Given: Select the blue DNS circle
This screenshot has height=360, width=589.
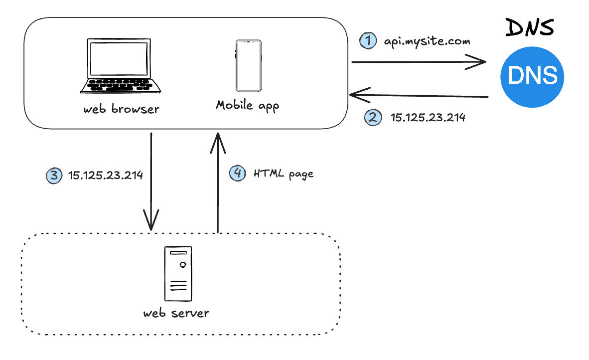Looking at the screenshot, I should point(532,76).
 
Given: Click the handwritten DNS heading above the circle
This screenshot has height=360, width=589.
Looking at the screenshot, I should point(529,27).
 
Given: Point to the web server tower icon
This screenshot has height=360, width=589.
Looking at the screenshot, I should point(177,274).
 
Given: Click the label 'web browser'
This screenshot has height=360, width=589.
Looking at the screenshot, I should point(121,108).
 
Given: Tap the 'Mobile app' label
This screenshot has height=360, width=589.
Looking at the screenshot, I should point(248,105).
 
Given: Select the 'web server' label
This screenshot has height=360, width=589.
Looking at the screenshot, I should point(176,313).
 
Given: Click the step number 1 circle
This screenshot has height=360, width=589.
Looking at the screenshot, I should point(368,40).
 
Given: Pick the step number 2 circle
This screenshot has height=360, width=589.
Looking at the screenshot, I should point(373,118).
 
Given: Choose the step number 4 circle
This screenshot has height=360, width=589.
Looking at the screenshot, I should point(237,173).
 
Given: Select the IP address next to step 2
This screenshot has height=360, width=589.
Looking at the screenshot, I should point(428,118).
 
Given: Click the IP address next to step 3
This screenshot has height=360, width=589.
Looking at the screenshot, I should point(106,175).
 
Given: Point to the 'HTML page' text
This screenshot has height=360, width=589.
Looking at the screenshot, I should point(284,174).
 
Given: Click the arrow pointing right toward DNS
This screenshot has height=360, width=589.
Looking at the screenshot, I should point(419,62).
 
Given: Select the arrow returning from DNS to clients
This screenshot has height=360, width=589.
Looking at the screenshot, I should point(419,95).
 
